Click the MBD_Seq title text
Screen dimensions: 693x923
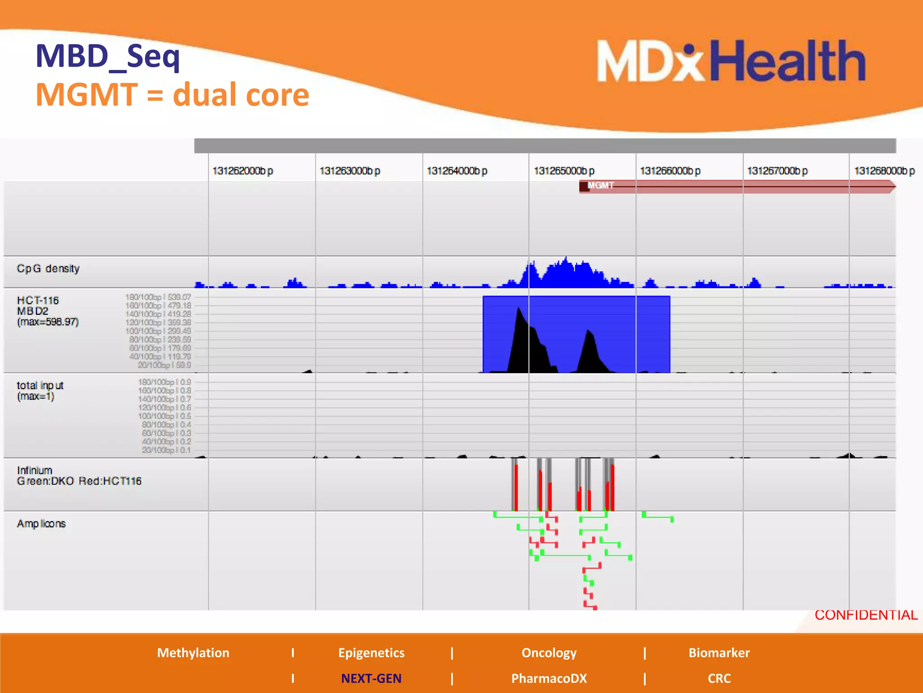click(x=108, y=56)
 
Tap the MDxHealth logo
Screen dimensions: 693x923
click(x=730, y=61)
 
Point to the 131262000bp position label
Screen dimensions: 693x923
click(x=242, y=171)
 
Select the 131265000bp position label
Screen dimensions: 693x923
click(x=564, y=171)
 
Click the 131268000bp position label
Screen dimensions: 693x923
click(x=884, y=171)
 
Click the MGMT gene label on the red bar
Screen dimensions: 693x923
click(x=601, y=185)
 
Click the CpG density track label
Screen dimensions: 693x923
click(x=48, y=268)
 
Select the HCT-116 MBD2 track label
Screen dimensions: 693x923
click(x=47, y=311)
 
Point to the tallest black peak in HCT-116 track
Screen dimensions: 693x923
click(x=519, y=311)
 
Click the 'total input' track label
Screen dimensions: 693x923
click(x=40, y=391)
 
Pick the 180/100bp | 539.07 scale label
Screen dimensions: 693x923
click(x=158, y=297)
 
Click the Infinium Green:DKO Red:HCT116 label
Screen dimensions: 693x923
click(x=79, y=476)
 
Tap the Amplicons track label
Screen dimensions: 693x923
click(x=41, y=524)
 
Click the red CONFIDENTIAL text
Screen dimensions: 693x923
click(x=866, y=615)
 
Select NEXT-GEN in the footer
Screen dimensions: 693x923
click(x=371, y=678)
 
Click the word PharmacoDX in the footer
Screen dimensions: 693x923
click(x=549, y=678)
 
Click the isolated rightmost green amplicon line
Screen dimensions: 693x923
click(x=658, y=517)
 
